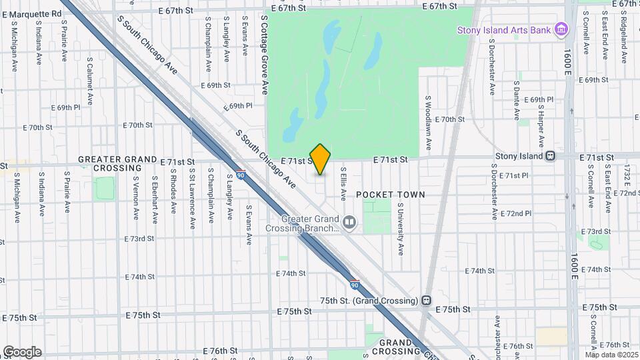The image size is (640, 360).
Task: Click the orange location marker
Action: point(321,159)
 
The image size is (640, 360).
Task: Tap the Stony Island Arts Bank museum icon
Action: point(561,30)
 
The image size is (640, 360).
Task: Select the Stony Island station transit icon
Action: point(551,156)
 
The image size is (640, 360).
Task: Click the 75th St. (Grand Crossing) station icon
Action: point(426,300)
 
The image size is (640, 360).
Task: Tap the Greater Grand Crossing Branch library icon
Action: point(349,222)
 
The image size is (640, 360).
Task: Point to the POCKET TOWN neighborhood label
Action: point(390,195)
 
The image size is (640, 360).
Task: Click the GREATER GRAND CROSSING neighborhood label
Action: point(117,164)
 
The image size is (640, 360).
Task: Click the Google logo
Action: point(22,351)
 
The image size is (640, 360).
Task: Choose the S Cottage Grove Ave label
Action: point(265,56)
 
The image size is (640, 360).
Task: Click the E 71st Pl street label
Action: point(514,175)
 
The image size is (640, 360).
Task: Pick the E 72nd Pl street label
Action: point(516,213)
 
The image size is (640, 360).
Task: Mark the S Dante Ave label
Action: point(517,100)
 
